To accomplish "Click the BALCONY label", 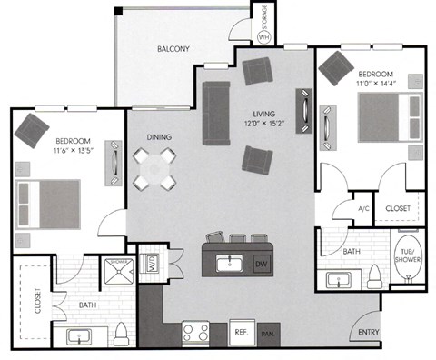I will pos(173,48).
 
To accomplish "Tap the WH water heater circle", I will pos(264,36).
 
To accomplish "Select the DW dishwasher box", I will pos(260,264).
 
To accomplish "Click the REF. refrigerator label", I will pos(240,333).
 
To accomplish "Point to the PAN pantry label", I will pos(266,335).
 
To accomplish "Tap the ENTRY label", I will pos(368,333).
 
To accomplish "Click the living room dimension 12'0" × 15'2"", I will pos(263,123).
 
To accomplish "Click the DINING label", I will pos(160,137).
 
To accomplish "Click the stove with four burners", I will pos(196,331).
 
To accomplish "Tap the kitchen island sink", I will pos(230,264).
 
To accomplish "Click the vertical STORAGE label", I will pos(264,15).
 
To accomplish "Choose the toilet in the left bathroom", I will pos(123,335).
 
